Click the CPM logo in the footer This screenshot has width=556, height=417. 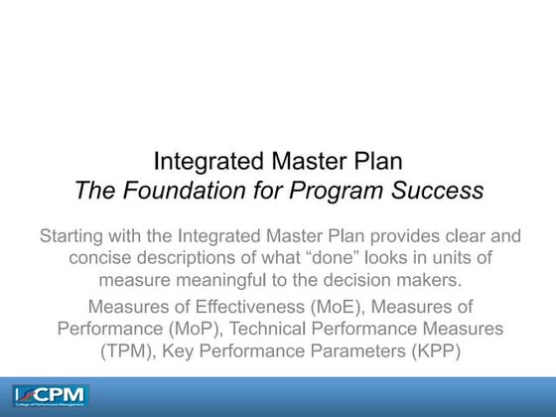[x=50, y=395]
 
